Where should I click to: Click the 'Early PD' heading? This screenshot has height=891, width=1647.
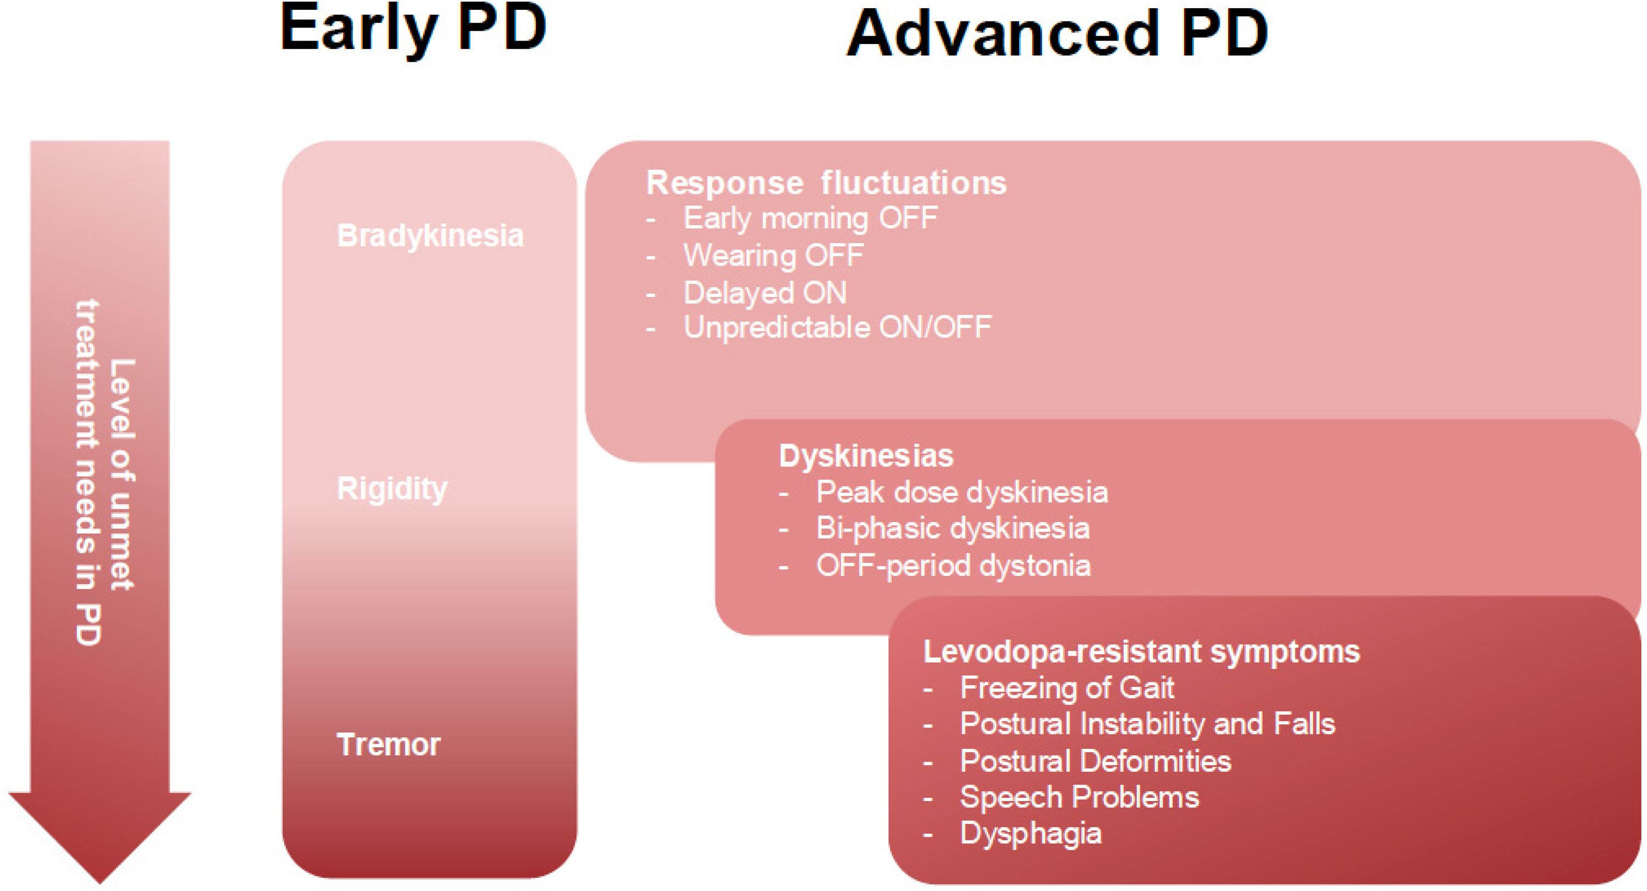(x=413, y=31)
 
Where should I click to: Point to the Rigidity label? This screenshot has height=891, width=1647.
(x=392, y=490)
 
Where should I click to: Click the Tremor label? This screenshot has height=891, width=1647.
(x=389, y=744)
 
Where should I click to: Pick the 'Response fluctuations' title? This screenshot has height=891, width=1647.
(x=826, y=183)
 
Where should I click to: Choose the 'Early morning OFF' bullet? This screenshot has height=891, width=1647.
(x=811, y=218)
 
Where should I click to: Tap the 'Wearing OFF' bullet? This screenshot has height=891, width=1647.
(x=774, y=256)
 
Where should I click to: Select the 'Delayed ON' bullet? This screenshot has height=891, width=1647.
(x=765, y=293)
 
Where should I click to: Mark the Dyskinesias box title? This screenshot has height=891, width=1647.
(x=866, y=456)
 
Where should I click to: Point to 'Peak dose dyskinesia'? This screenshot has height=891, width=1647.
(x=962, y=492)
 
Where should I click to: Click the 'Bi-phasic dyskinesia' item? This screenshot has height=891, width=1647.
(x=953, y=529)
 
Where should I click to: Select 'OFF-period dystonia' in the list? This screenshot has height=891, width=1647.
(x=953, y=565)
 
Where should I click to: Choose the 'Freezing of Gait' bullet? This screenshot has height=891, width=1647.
(x=1067, y=688)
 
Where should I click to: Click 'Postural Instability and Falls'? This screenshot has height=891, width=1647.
(x=1147, y=724)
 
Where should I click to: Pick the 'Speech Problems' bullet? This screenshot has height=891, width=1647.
(x=1079, y=798)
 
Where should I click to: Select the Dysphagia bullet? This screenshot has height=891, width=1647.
(x=1030, y=834)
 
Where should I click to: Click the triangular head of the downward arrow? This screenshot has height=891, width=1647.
(x=100, y=831)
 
